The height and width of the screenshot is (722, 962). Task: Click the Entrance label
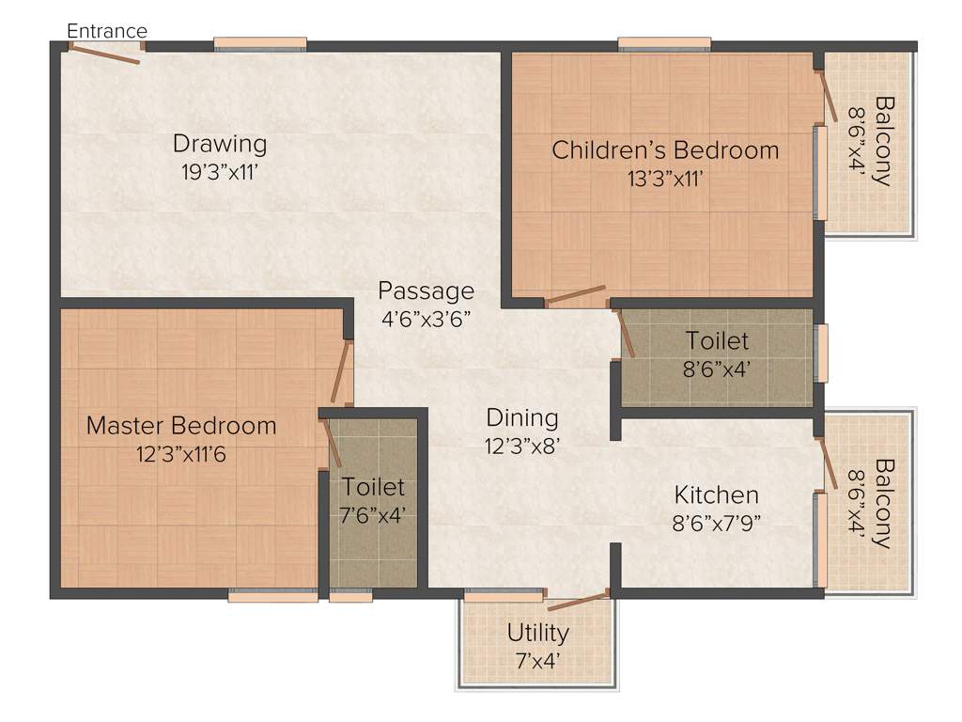click(x=107, y=31)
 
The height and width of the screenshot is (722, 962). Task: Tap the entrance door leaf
click(x=102, y=55)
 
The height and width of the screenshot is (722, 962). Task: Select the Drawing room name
click(x=220, y=144)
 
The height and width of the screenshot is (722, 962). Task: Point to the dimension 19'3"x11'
click(x=220, y=171)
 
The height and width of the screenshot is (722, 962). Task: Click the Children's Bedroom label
click(x=665, y=149)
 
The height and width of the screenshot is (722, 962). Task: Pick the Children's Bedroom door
click(x=575, y=296)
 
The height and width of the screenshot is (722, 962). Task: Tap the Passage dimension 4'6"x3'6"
click(x=426, y=318)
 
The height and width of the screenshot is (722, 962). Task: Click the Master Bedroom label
click(x=181, y=426)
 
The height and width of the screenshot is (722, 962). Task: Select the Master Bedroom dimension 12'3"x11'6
click(x=181, y=453)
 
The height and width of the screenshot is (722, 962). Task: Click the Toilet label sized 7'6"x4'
click(x=373, y=487)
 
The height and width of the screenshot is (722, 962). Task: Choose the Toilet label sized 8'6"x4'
click(x=717, y=339)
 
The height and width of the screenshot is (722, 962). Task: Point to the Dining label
click(x=522, y=417)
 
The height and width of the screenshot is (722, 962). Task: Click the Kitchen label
click(x=716, y=494)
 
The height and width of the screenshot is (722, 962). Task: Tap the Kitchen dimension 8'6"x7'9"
click(x=716, y=523)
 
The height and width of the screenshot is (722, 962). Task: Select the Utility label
click(x=538, y=632)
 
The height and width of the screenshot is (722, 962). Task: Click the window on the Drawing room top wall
click(x=260, y=43)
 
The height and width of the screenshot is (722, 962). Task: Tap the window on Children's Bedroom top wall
click(x=664, y=43)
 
